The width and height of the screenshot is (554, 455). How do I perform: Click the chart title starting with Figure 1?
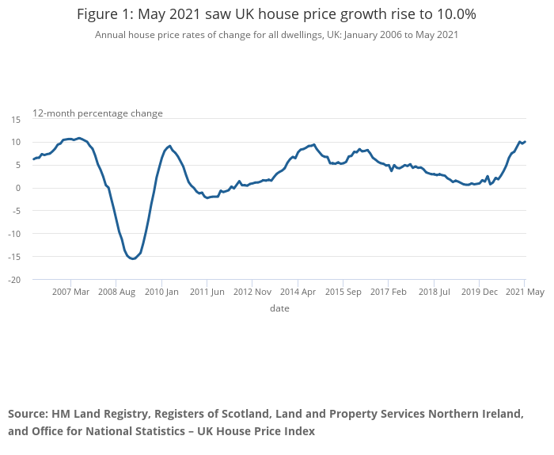pos(276,14)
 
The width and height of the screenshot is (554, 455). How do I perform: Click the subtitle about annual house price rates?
pos(276,35)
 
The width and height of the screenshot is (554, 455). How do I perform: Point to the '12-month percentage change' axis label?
pos(97,113)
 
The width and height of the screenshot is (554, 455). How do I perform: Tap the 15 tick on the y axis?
pos(15,119)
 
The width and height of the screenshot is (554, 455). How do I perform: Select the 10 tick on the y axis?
pos(15,142)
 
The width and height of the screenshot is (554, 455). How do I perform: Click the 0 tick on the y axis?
pos(17,188)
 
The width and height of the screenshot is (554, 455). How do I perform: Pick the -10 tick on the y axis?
pos(13,234)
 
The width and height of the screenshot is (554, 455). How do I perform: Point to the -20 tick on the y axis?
pos(13,280)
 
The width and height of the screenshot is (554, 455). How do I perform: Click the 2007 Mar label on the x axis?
pos(71,292)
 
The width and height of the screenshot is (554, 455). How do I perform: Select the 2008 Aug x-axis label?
pos(116,292)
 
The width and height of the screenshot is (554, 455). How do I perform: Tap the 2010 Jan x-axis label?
pos(161,292)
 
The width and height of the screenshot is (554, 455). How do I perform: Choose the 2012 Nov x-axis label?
pos(252,292)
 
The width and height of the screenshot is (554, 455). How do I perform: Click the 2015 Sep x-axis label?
pos(343,292)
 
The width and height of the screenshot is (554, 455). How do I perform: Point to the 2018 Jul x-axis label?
pos(434,292)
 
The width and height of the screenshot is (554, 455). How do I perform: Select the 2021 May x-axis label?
pos(525,292)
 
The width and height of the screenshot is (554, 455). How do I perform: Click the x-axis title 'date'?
pos(279,308)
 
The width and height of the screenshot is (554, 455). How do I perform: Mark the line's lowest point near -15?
pos(133,258)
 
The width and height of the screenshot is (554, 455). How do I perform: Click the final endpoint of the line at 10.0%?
pos(525,142)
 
